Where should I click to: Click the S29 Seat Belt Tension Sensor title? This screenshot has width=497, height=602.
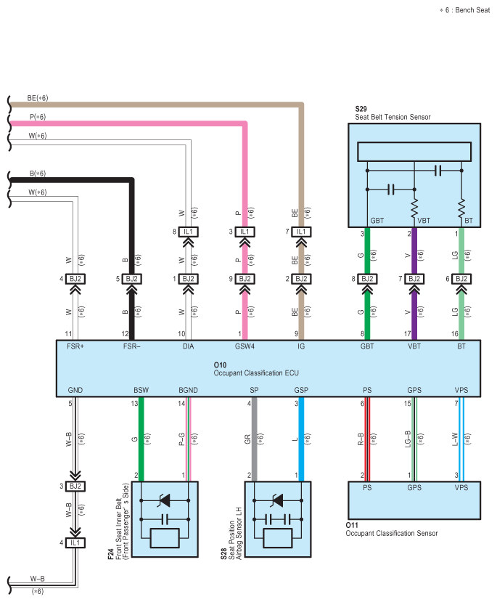[x=393, y=113]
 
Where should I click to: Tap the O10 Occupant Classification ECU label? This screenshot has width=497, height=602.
[x=256, y=369]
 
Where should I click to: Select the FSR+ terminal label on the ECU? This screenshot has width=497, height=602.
[x=75, y=346]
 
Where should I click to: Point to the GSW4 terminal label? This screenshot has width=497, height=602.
[x=245, y=346]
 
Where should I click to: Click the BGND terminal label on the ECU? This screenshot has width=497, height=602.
[x=188, y=390]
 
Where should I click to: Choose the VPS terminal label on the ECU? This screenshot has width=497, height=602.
[x=461, y=390]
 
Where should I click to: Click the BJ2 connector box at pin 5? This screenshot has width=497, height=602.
[x=131, y=279]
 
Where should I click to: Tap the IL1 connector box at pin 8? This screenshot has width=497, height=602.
[x=188, y=232]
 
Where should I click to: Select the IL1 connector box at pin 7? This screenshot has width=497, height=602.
[x=301, y=232]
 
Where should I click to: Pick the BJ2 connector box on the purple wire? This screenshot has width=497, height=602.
[x=414, y=279]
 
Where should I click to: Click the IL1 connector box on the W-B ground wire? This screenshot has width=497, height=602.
[x=75, y=543]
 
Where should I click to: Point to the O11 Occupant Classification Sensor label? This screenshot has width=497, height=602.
[x=392, y=529]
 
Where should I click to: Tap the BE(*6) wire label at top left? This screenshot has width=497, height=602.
[x=38, y=98]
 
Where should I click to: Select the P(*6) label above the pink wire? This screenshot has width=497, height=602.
[x=38, y=117]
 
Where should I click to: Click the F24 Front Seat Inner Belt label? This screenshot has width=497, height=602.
[x=118, y=521]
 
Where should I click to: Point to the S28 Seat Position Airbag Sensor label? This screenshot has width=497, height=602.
[x=231, y=534]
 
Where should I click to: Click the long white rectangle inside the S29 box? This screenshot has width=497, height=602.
[x=414, y=152]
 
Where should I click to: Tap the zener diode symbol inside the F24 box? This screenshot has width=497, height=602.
[x=165, y=500]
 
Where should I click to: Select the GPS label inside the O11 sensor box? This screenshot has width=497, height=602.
[x=414, y=487]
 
